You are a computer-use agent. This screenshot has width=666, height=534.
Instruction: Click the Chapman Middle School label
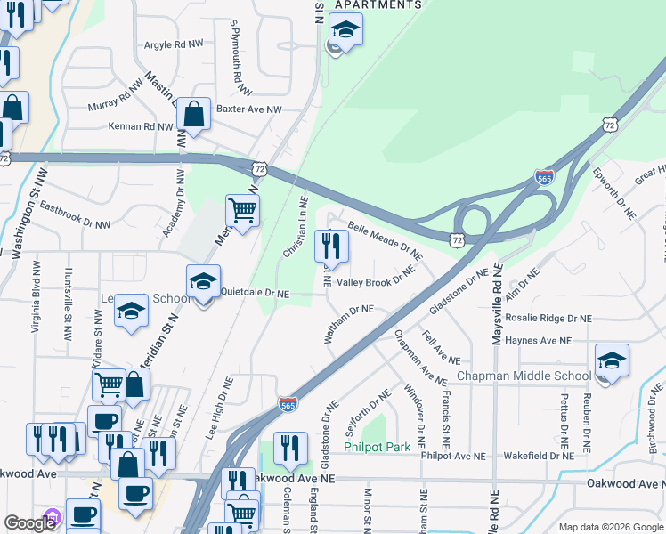(x=524, y=376)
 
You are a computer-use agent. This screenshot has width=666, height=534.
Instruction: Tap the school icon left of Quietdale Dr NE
(x=203, y=283)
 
